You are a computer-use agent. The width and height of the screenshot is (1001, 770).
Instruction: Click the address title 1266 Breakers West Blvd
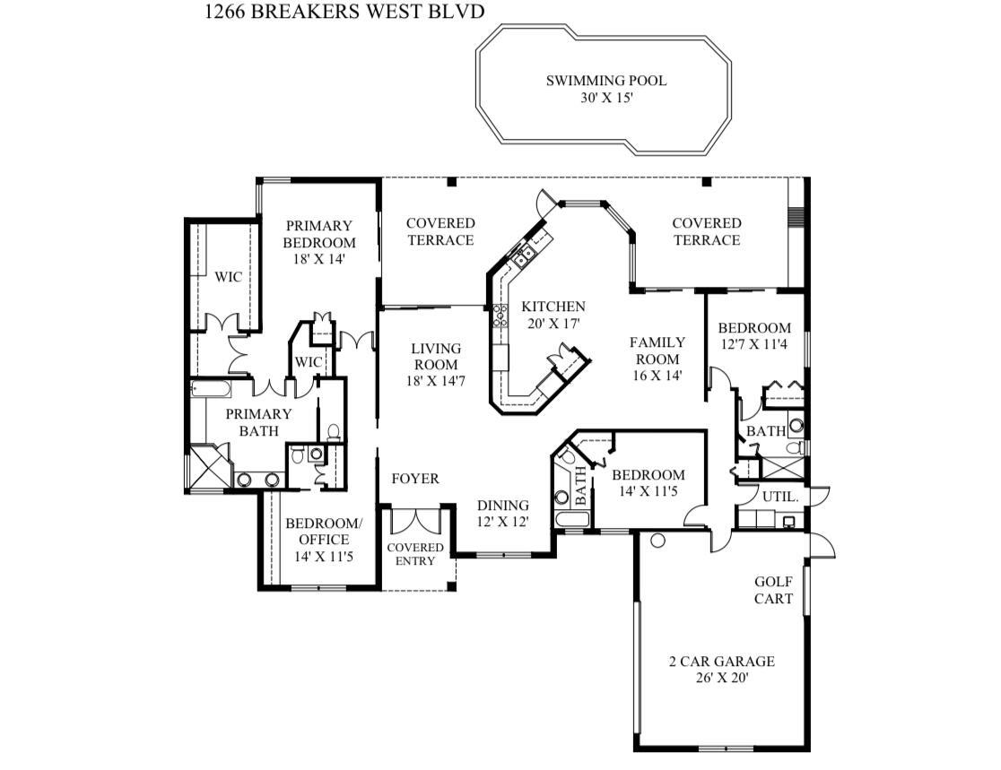(x=344, y=12)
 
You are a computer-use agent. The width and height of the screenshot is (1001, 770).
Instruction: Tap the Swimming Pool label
(x=606, y=89)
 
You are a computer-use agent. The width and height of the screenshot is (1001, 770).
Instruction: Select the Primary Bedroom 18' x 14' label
(x=319, y=242)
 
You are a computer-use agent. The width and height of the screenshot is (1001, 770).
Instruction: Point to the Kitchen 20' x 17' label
(x=553, y=316)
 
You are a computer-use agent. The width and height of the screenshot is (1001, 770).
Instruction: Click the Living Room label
(x=436, y=365)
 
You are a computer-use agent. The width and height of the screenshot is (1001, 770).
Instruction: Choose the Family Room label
(x=657, y=359)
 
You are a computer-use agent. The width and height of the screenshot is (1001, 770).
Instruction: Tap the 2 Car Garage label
(x=722, y=670)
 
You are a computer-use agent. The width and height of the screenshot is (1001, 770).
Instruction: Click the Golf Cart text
(x=774, y=590)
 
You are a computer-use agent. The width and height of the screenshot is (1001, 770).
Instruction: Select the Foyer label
(x=415, y=479)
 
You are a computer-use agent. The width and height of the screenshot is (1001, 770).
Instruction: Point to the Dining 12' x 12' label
(x=503, y=514)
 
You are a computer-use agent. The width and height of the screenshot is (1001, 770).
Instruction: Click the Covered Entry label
(x=415, y=554)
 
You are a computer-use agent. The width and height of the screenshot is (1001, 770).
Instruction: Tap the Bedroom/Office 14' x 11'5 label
(x=324, y=540)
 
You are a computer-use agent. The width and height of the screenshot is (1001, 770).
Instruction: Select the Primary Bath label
(x=258, y=422)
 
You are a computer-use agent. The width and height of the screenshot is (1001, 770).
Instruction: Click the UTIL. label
(x=780, y=497)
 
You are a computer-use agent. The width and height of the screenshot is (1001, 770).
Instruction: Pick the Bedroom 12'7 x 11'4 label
(x=754, y=335)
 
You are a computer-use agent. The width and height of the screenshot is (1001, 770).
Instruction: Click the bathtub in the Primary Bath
(x=211, y=388)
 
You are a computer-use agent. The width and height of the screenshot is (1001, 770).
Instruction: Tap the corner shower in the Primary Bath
(x=205, y=467)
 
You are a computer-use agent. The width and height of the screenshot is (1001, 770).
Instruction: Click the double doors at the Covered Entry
(x=415, y=520)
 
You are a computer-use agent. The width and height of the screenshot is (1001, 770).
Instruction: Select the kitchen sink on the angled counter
(x=525, y=257)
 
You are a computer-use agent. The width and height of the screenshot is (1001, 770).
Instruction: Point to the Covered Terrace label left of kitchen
(x=440, y=231)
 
